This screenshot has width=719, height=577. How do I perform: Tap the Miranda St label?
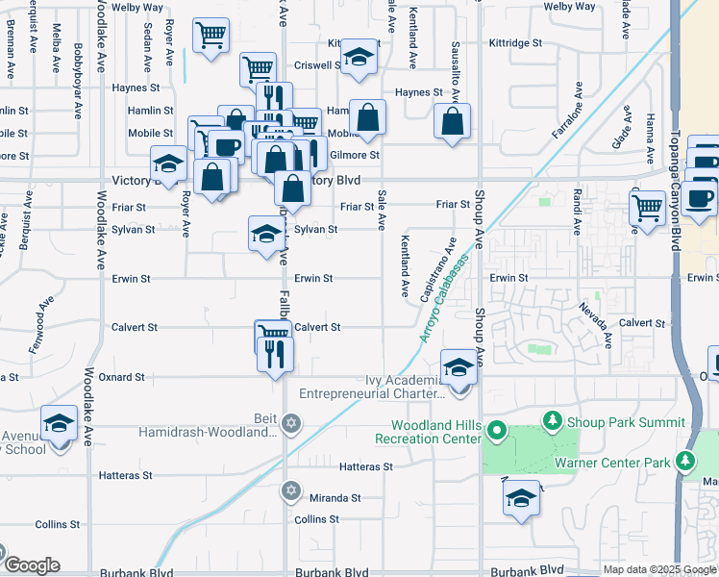335,498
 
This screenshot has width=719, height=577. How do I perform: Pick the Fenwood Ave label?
40,323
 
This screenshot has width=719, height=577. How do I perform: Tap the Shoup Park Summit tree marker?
552,420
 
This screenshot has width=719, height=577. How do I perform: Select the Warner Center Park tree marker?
685,463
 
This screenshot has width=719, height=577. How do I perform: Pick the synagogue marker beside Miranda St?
291,491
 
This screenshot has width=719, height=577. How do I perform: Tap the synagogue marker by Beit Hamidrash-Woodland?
291,423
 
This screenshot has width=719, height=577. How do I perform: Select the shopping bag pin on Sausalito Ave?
452,122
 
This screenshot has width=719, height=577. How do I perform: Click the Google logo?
31,565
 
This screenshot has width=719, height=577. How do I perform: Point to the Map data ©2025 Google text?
658,569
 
